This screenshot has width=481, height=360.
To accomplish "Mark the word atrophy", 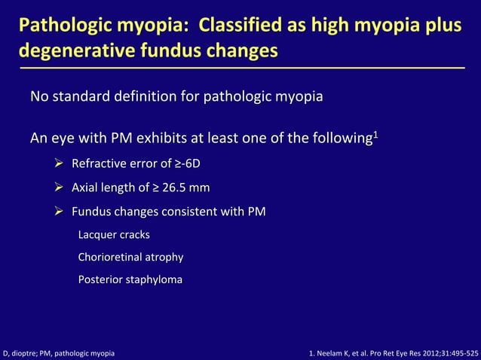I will (x=165, y=257).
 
